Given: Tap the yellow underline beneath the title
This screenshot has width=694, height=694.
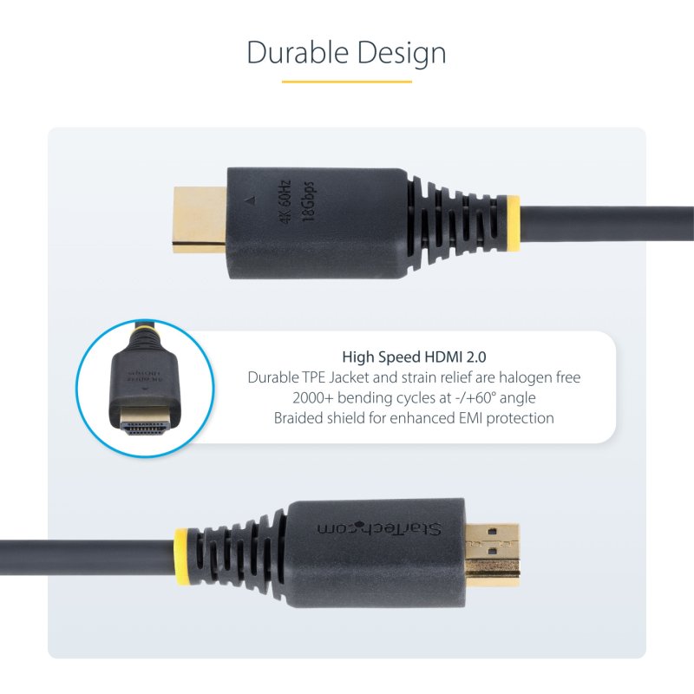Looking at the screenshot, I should click(x=347, y=82).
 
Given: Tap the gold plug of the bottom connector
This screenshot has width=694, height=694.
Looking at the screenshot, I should click(x=494, y=550).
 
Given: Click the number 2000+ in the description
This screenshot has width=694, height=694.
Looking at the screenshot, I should click(x=315, y=397).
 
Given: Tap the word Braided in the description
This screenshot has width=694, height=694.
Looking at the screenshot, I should click(x=298, y=417).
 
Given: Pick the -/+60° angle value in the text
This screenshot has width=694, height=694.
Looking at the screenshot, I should click(x=471, y=397).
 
